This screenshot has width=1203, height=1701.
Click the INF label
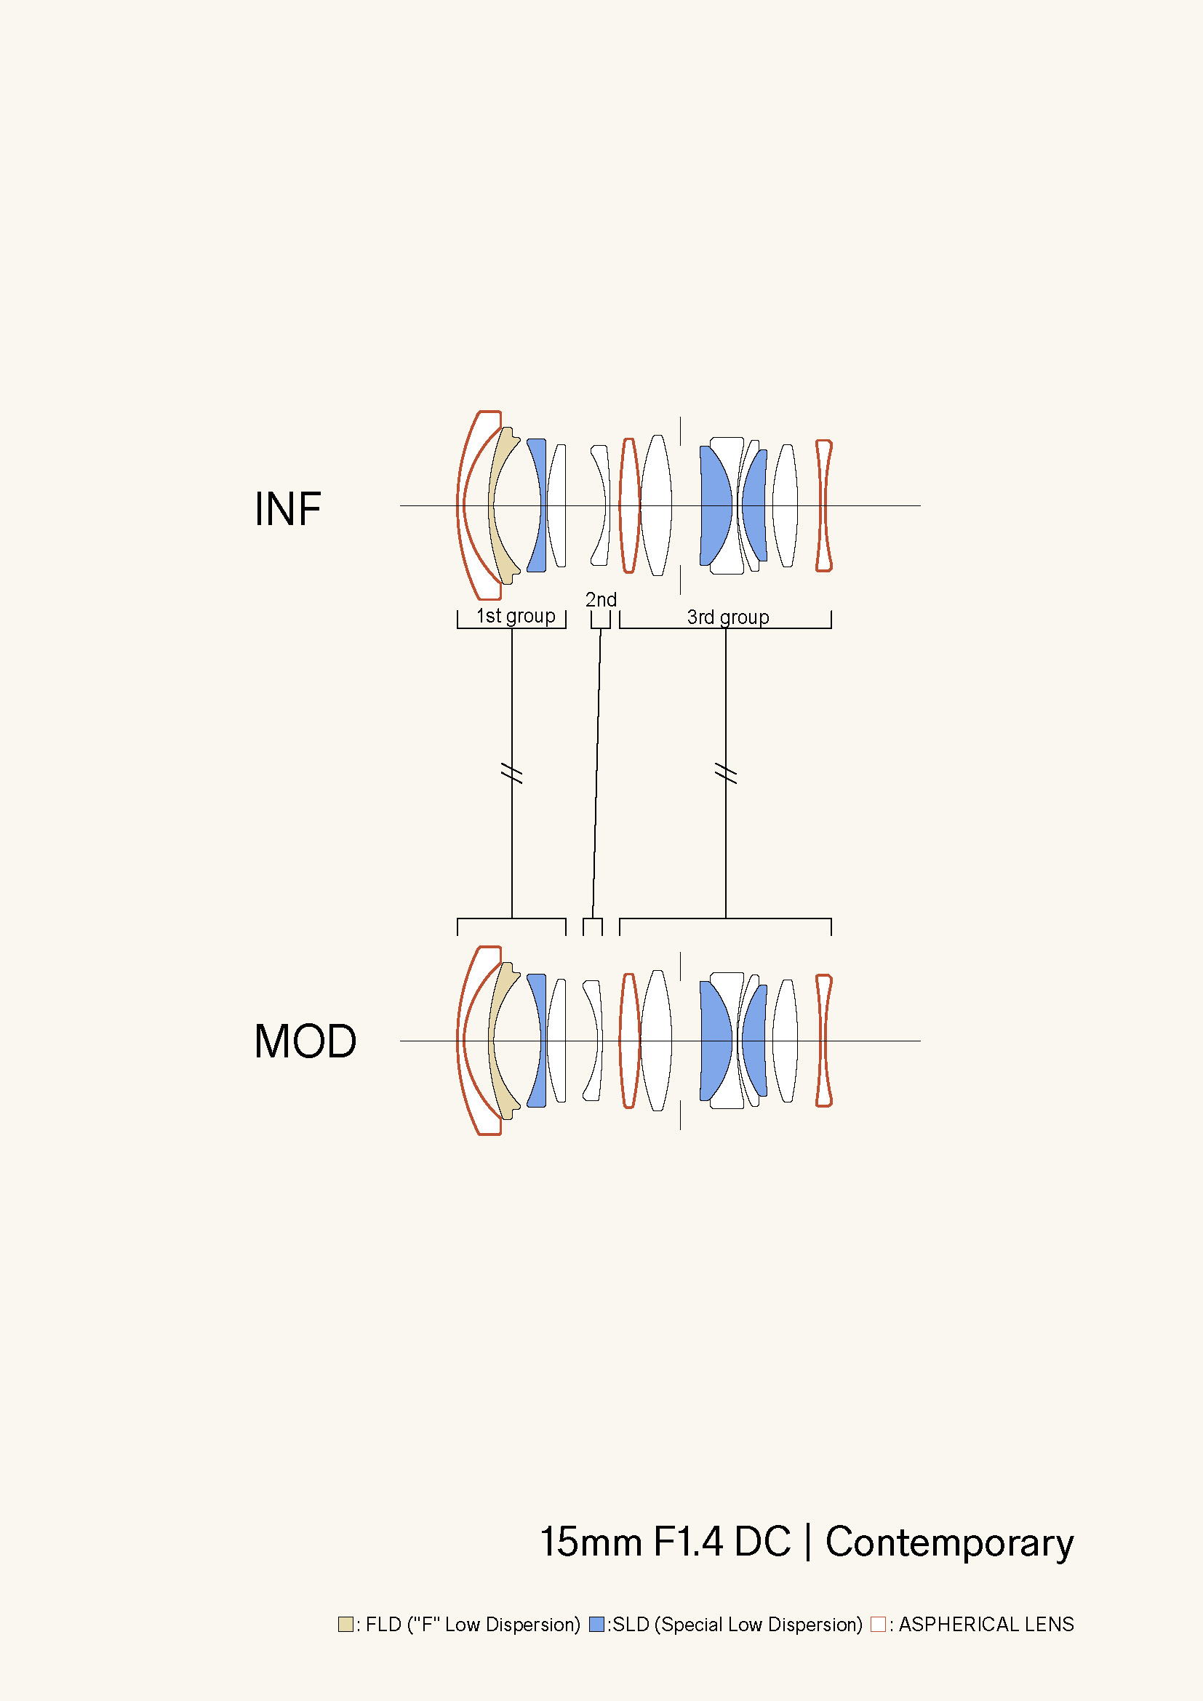pos(287,510)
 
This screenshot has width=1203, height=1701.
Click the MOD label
pos(305,1041)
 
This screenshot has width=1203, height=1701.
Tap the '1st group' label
pos(516,616)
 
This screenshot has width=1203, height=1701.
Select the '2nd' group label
pos(601,599)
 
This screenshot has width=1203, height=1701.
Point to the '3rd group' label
pos(728,617)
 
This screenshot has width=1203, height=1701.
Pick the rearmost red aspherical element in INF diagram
pos(824,506)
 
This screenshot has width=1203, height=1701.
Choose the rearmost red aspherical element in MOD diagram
pos(824,1040)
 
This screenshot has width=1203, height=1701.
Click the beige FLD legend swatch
pos(345,1624)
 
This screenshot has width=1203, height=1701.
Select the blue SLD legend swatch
pos(596,1624)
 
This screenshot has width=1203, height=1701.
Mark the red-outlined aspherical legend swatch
pos(878,1624)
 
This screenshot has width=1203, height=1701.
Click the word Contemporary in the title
pos(949,1542)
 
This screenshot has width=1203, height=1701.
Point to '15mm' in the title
pos(591,1542)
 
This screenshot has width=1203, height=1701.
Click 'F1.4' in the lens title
pos(687,1542)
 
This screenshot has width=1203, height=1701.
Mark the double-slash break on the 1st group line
pos(512,773)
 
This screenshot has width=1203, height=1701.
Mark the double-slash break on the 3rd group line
pos(726,773)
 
